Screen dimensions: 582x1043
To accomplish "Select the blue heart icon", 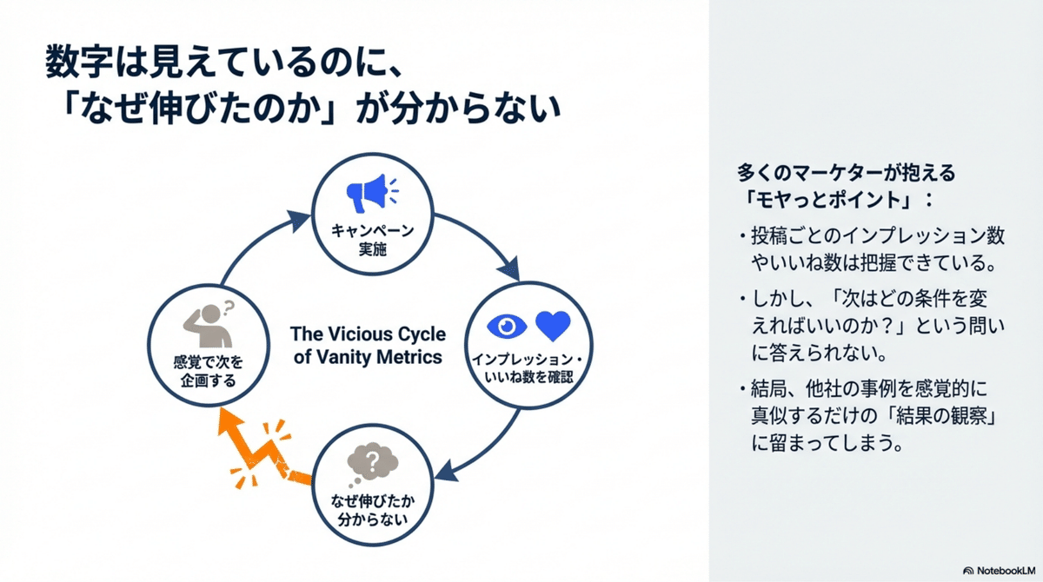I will tap(552, 325).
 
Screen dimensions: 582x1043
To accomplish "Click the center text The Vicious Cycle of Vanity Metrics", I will tap(368, 345).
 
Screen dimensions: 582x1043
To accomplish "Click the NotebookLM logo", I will tap(998, 569).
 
